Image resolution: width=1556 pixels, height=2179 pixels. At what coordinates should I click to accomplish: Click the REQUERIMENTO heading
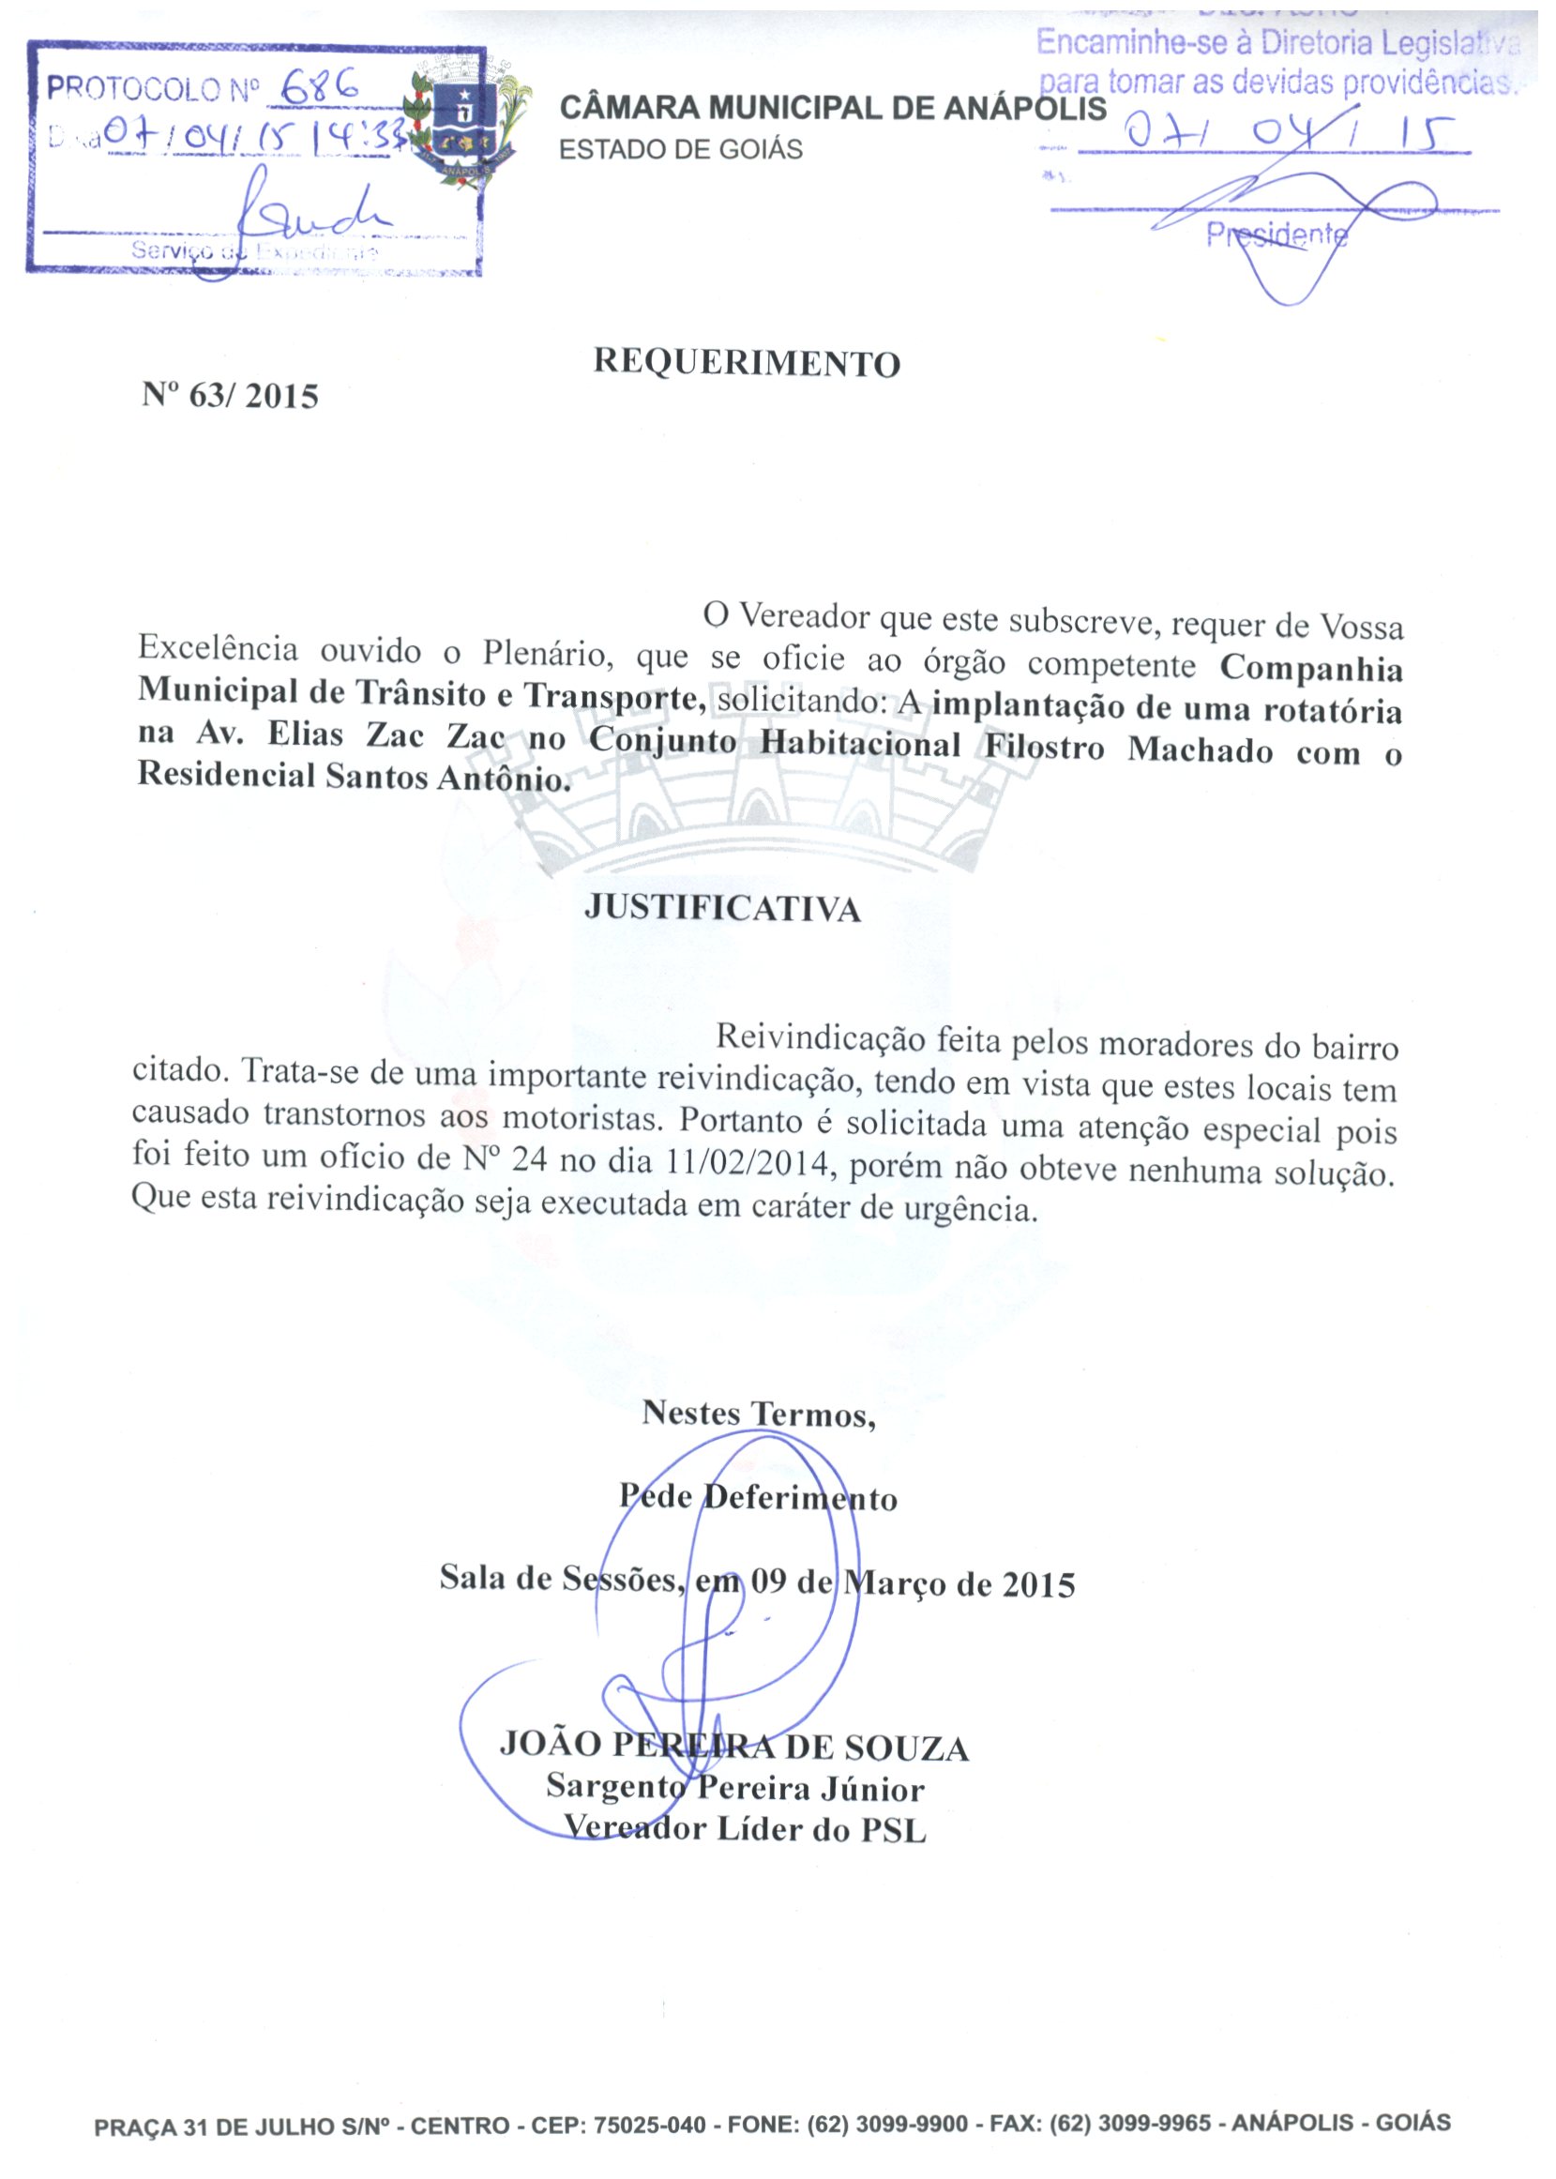pyautogui.click(x=747, y=363)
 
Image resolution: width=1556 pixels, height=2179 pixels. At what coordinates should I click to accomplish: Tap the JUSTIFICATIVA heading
pyautogui.click(x=722, y=907)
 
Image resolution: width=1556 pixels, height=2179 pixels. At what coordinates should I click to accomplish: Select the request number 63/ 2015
pyautogui.click(x=230, y=396)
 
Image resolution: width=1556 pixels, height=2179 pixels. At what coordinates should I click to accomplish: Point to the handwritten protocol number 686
pyautogui.click(x=315, y=88)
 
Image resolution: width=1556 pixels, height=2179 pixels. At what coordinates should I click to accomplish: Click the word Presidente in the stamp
pyautogui.click(x=1277, y=235)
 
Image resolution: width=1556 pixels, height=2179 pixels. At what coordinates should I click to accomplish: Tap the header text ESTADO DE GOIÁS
pyautogui.click(x=680, y=150)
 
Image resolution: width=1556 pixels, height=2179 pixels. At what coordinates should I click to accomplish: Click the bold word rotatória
pyautogui.click(x=1328, y=711)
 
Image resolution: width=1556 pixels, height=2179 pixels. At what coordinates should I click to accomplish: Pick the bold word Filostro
pyautogui.click(x=1043, y=747)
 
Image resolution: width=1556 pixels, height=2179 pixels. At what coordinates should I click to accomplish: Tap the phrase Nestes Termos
pyautogui.click(x=758, y=1414)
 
